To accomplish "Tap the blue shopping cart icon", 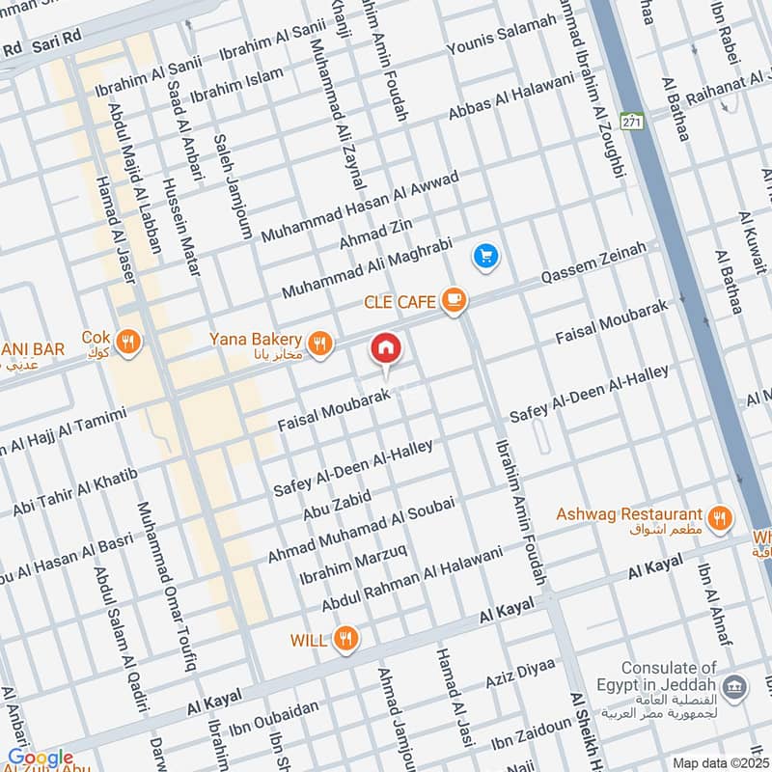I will (x=484, y=256).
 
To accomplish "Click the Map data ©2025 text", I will (x=720, y=762).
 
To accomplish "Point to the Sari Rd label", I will (x=56, y=45).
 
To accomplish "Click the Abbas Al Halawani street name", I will (x=510, y=98).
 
